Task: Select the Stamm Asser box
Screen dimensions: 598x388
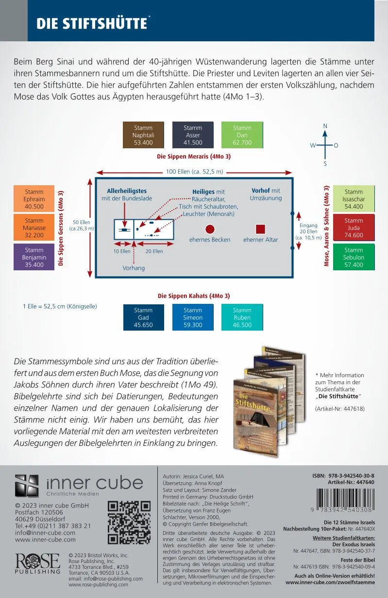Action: pyautogui.click(x=193, y=135)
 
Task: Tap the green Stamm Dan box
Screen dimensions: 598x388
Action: pyautogui.click(x=242, y=135)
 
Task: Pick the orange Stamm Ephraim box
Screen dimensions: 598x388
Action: pyautogui.click(x=34, y=199)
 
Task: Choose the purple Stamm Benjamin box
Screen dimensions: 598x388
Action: pyautogui.click(x=34, y=257)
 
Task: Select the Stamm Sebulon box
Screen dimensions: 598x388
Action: pyautogui.click(x=354, y=257)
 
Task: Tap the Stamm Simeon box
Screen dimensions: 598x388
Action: pyautogui.click(x=193, y=317)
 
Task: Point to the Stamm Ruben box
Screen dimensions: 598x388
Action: pyautogui.click(x=242, y=317)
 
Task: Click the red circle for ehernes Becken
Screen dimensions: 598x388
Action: pyautogui.click(x=210, y=229)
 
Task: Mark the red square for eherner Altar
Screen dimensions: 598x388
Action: pyautogui.click(x=260, y=229)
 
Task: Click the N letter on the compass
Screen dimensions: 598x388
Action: pyautogui.click(x=325, y=126)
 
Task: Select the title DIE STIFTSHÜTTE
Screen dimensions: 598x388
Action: pyautogui.click(x=92, y=23)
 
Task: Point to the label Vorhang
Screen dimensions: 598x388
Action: pyautogui.click(x=134, y=268)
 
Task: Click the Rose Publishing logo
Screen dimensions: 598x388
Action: pyautogui.click(x=38, y=563)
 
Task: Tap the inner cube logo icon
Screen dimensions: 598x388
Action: pyautogui.click(x=27, y=486)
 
